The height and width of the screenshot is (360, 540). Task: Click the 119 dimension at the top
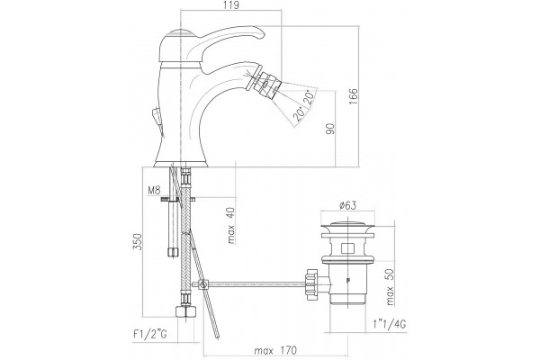[x=230, y=4]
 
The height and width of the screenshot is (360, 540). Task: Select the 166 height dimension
[x=354, y=97]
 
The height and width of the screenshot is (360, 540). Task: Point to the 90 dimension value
[x=330, y=129]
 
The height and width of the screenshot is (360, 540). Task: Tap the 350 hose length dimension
[x=137, y=242]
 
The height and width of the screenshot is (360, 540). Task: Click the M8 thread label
[x=154, y=190]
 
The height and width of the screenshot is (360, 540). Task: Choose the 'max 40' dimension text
[x=230, y=226]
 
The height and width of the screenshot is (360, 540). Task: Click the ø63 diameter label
[x=347, y=206]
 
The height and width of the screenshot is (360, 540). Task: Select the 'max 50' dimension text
[x=390, y=287]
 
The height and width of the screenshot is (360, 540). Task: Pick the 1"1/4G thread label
[x=390, y=324]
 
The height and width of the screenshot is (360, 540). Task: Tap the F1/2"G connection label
[x=150, y=334]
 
